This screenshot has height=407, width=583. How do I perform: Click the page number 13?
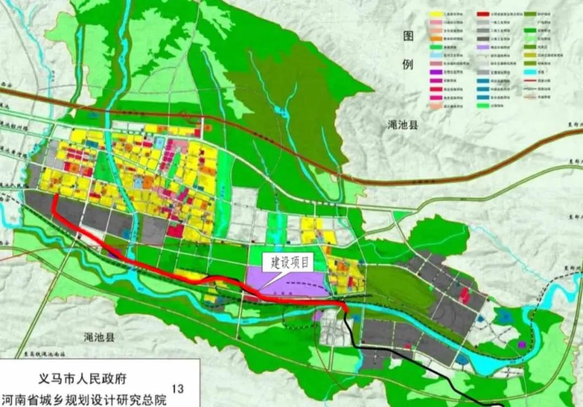[176, 388]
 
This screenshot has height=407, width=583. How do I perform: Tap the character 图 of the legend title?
[409, 37]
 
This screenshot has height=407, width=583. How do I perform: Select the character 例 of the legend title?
[409, 65]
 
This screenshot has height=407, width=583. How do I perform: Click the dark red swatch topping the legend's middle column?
[482, 12]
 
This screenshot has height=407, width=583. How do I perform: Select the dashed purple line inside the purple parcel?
[302, 282]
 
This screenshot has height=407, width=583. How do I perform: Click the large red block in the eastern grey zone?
[464, 294]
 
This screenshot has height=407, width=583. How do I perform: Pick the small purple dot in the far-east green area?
[521, 343]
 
